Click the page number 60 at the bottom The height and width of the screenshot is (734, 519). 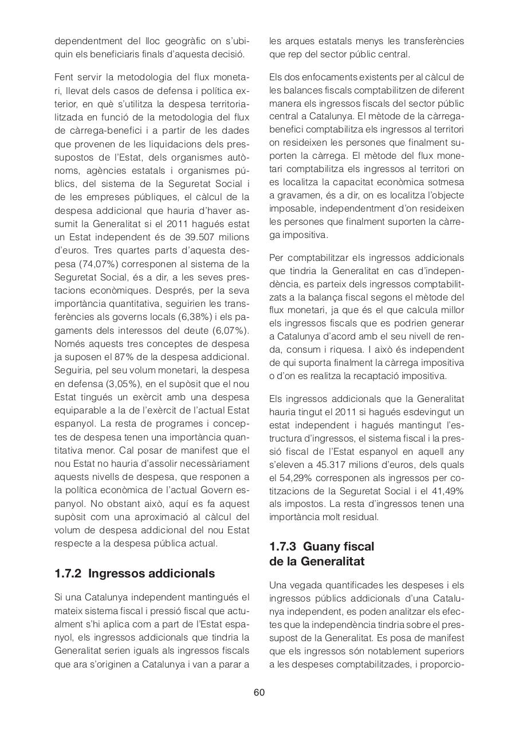259,692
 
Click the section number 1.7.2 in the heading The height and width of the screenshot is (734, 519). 69,573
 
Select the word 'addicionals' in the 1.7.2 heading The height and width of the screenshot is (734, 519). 182,573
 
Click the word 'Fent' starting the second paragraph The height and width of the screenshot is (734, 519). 65,77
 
